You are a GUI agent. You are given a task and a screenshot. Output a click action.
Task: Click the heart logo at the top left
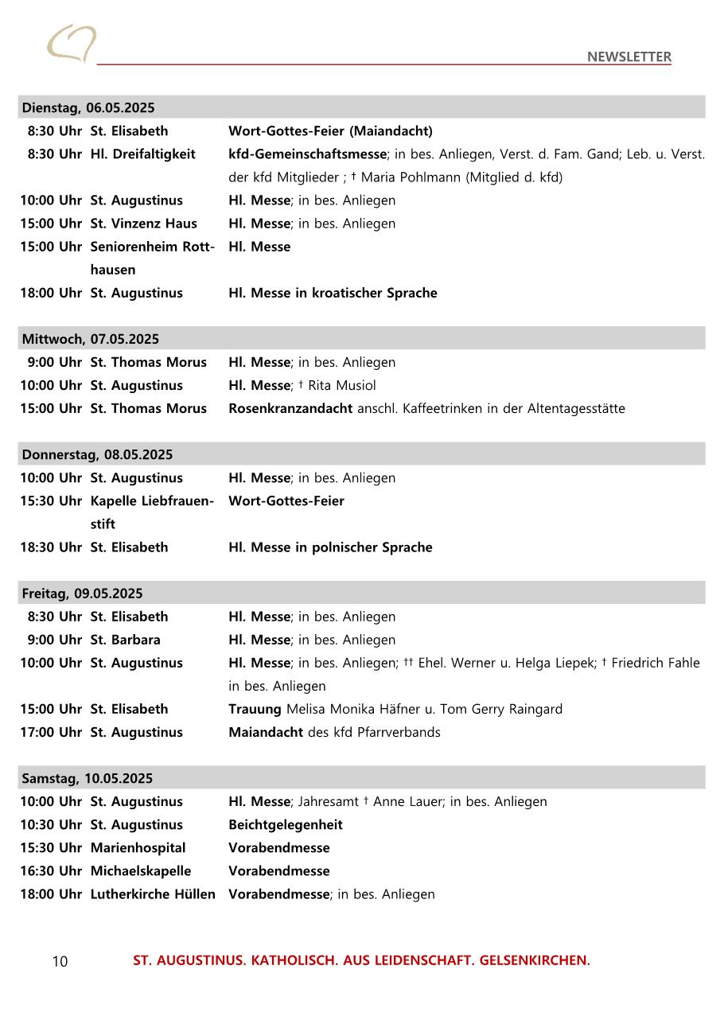click(x=72, y=43)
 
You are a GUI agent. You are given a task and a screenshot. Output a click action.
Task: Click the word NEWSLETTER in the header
click(x=629, y=56)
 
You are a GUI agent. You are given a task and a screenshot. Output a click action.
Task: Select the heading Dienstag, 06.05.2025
click(x=88, y=107)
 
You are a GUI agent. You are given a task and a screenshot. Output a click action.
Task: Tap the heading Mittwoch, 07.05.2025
click(x=91, y=339)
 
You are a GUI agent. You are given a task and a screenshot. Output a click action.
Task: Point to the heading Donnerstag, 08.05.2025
click(x=97, y=454)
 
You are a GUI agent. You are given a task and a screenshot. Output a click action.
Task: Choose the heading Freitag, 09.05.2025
click(x=83, y=594)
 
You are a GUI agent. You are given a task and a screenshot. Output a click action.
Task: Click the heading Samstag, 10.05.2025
click(x=88, y=778)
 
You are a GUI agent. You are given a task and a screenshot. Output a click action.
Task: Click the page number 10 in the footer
click(x=60, y=961)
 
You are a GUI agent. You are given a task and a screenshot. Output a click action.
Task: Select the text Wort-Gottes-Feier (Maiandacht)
click(x=330, y=130)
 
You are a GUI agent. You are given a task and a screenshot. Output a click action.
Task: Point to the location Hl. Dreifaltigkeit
click(x=142, y=154)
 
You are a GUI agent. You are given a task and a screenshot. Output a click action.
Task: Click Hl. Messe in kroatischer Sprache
click(x=333, y=293)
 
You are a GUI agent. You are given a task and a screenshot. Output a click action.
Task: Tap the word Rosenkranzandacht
click(x=290, y=408)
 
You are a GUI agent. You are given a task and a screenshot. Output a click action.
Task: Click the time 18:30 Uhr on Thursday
click(x=51, y=547)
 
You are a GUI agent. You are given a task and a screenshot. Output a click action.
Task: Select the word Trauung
click(x=255, y=709)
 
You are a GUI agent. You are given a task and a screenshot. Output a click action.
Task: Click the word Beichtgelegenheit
click(x=286, y=824)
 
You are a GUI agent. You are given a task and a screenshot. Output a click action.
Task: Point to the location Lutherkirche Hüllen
click(x=153, y=894)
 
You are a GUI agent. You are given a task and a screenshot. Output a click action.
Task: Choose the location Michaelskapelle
click(x=141, y=871)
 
